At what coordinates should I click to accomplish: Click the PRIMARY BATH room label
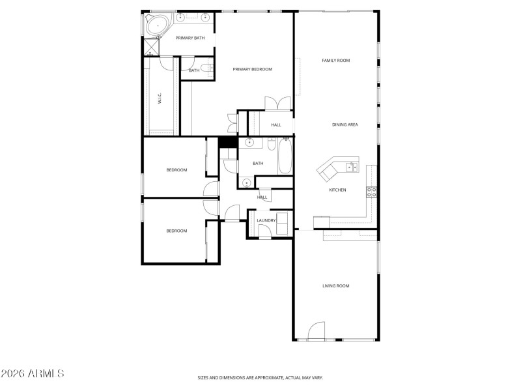(190, 38)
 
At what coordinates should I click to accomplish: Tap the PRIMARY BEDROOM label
(253, 69)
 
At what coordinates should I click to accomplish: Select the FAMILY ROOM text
(336, 61)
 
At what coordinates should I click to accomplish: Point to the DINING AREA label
(345, 124)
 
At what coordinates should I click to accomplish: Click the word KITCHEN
(337, 190)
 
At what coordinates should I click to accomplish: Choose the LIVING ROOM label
(336, 285)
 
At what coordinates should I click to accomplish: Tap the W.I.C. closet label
(160, 98)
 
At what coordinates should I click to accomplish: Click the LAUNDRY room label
(266, 220)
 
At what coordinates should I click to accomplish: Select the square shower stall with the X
(152, 48)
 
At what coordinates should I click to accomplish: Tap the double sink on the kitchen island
(352, 167)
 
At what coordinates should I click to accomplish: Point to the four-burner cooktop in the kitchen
(373, 191)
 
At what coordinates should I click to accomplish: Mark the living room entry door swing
(316, 331)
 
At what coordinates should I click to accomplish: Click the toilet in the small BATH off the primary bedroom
(206, 68)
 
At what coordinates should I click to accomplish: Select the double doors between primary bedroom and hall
(278, 104)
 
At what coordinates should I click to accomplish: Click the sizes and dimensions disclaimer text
(260, 377)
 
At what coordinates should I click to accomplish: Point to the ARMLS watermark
(33, 374)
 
